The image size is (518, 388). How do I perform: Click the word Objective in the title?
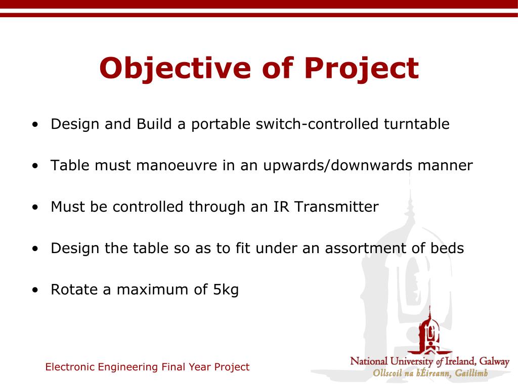tap(175, 68)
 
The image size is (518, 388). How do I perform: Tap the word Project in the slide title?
tap(361, 68)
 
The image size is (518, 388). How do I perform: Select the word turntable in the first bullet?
tap(417, 124)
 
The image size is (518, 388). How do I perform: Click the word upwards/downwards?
tap(337, 166)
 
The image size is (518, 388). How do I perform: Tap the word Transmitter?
tap(336, 207)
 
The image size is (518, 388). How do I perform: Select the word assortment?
tap(365, 249)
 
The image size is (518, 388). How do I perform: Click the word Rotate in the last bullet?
tap(74, 289)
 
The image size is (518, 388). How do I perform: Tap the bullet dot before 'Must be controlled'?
tap(35, 208)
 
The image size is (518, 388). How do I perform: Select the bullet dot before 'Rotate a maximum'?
tap(35, 290)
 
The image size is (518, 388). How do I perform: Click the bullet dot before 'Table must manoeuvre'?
tap(35, 166)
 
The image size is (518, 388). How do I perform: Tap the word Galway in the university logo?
tap(494, 362)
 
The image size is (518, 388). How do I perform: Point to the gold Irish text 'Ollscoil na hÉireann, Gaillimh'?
tap(430, 373)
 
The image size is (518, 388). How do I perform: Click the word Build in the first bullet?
tap(154, 124)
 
